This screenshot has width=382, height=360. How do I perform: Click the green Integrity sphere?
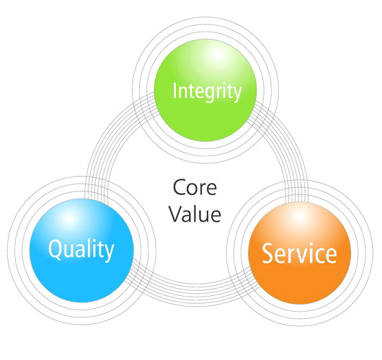tap(205, 90)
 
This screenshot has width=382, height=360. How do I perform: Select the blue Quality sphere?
tap(81, 251)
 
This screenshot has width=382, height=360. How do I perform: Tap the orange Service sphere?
tap(299, 253)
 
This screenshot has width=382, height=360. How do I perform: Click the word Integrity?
tap(207, 92)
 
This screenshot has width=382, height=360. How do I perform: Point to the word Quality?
tap(81, 250)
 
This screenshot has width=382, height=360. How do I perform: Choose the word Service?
tap(299, 253)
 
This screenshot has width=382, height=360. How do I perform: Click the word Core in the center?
tap(195, 187)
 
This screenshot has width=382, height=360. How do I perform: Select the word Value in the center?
tap(195, 214)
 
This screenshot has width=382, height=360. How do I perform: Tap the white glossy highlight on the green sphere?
tap(218, 55)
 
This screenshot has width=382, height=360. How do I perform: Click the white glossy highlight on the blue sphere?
tap(69, 217)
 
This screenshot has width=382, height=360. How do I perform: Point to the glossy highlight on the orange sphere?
tap(299, 217)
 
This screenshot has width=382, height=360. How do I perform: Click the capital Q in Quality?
tap(55, 249)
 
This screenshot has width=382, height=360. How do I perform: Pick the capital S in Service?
tap(267, 253)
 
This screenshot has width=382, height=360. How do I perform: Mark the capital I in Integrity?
tap(174, 91)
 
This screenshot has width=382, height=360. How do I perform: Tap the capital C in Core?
tap(179, 187)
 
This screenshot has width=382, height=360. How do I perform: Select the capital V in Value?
tap(177, 213)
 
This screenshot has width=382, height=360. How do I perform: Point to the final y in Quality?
tap(109, 253)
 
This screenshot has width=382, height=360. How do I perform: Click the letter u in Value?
tap(201, 216)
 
